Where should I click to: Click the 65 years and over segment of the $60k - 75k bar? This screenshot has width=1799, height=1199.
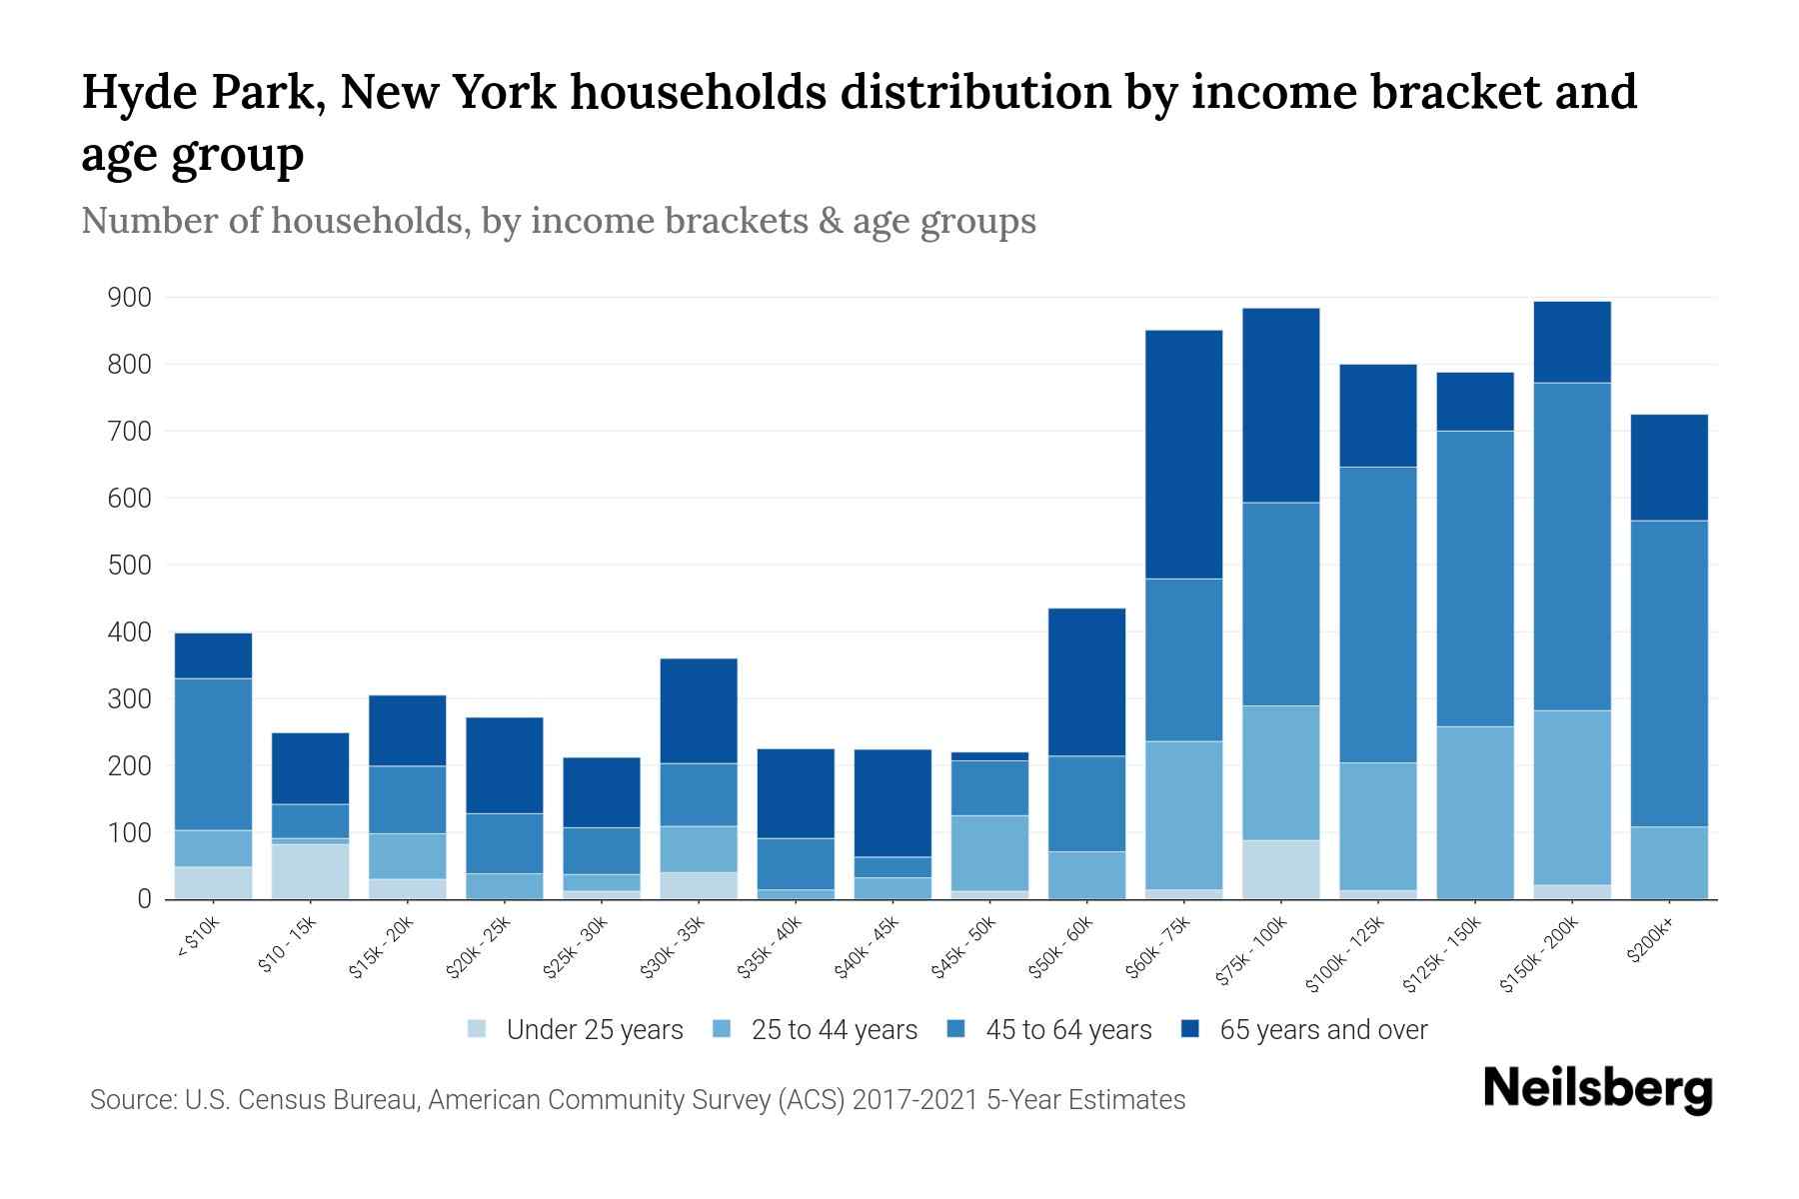tap(1183, 455)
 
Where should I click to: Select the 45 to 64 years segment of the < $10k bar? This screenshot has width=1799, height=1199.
tap(213, 754)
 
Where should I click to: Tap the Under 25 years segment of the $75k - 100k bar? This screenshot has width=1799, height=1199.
tap(1280, 869)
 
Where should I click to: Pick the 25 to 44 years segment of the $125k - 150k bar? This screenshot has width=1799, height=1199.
tap(1475, 812)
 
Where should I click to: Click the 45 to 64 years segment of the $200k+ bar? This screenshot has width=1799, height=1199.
tap(1669, 673)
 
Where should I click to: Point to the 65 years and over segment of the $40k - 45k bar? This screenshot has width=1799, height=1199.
tap(893, 803)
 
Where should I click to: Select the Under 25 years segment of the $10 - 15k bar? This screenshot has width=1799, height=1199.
tap(310, 871)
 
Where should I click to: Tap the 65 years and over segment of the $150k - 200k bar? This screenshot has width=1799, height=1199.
tap(1572, 342)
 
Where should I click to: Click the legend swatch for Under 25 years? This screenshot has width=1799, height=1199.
tap(478, 1028)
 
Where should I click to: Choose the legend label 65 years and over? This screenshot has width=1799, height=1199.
tap(1323, 1030)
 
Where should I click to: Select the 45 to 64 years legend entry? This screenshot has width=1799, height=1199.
tap(1068, 1030)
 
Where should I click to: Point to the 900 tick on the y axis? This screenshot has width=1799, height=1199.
tap(130, 298)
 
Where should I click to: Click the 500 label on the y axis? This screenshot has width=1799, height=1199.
tap(130, 566)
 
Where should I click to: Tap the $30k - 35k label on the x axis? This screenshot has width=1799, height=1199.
tap(674, 946)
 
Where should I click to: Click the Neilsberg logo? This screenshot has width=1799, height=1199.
tap(1597, 1089)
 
